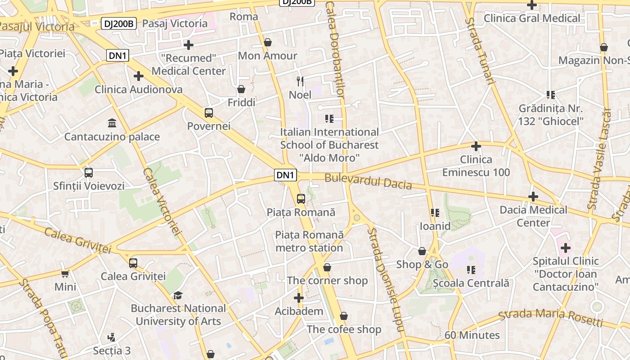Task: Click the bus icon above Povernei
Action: tap(208, 112)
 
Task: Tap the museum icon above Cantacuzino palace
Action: tap(112, 123)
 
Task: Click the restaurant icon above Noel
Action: tap(300, 81)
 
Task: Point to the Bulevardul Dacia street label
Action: tap(368, 181)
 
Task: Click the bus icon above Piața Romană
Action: tap(301, 198)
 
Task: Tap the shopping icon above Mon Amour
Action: tap(268, 42)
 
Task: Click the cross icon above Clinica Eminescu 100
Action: tap(476, 146)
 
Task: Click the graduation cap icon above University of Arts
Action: tap(178, 295)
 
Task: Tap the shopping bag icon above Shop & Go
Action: tap(422, 251)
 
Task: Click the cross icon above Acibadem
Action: tap(299, 298)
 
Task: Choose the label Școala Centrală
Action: tap(471, 283)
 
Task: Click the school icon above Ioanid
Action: tap(435, 212)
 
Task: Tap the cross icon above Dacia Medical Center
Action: tap(533, 197)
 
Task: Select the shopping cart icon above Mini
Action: tap(65, 274)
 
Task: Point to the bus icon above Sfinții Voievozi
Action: tap(89, 172)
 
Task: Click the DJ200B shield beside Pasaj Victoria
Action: tap(119, 23)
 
